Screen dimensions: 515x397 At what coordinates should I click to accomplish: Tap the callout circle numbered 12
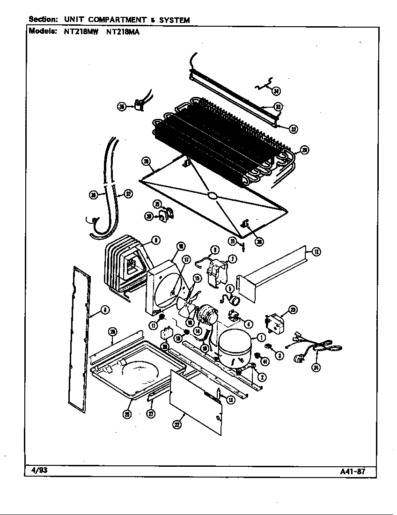pyautogui.click(x=316, y=252)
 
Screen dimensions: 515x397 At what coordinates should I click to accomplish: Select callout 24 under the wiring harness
pyautogui.click(x=316, y=368)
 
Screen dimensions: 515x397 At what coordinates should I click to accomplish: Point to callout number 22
pyautogui.click(x=176, y=425)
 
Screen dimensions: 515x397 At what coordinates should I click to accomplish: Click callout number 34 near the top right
pyautogui.click(x=277, y=91)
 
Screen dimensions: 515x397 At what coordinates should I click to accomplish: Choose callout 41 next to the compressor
pyautogui.click(x=265, y=361)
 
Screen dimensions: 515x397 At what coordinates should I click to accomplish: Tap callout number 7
pyautogui.click(x=233, y=258)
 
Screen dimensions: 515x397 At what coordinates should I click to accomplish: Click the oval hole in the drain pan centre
pyautogui.click(x=212, y=196)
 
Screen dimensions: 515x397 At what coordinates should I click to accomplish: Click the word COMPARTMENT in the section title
pyautogui.click(x=116, y=20)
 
